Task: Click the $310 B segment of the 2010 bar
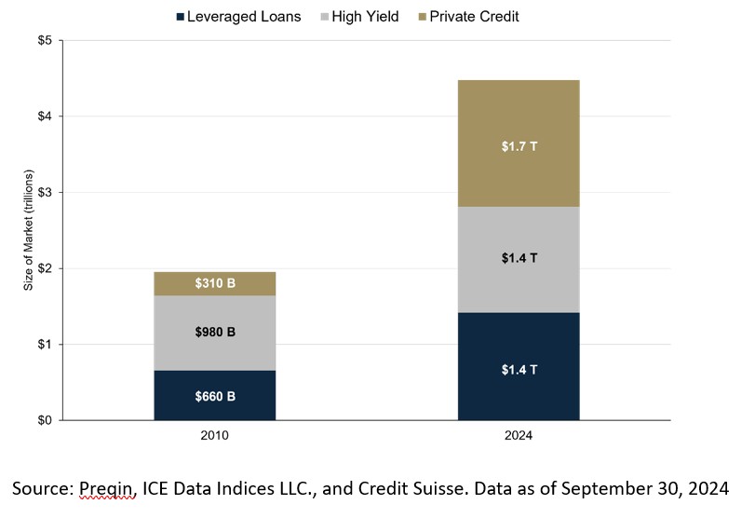(x=215, y=283)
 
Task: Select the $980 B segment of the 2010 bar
(x=215, y=333)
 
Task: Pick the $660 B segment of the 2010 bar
(x=215, y=396)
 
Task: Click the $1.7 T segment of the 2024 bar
(x=519, y=145)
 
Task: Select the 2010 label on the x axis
(x=215, y=434)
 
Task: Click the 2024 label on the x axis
(x=519, y=434)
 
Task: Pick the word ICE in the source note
(x=161, y=487)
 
